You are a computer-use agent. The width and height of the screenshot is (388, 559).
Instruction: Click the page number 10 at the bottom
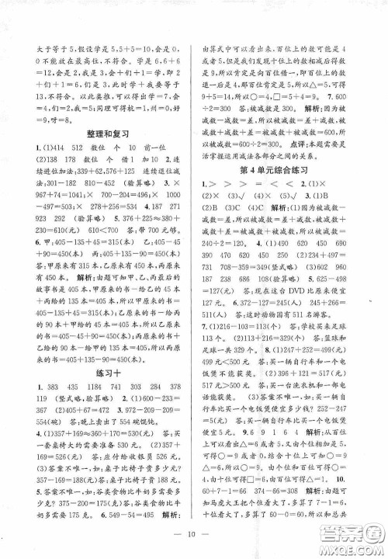195,533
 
